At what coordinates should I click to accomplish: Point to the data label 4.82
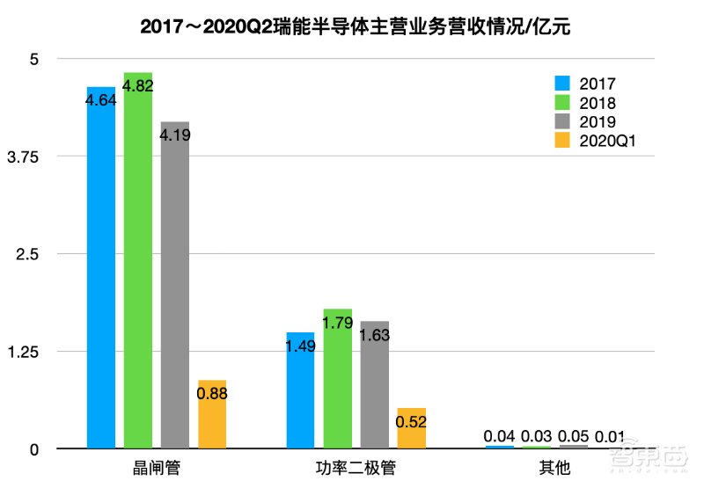pos(138,86)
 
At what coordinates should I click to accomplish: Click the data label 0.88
pos(212,394)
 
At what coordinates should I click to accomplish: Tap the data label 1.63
pos(374,335)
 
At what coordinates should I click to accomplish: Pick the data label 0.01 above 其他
pos(611,437)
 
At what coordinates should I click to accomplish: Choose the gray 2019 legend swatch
pos(563,121)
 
